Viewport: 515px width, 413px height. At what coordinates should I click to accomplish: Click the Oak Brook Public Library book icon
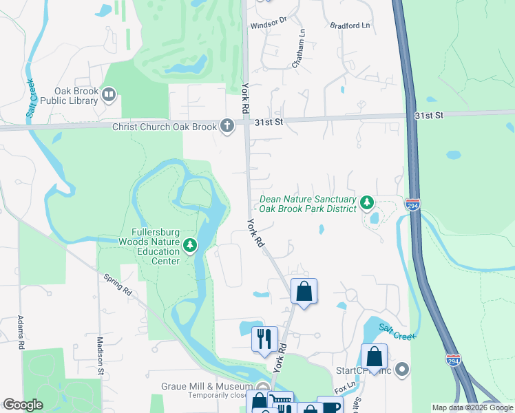point(108,94)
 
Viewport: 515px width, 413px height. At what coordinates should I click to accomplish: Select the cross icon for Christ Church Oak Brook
point(227,125)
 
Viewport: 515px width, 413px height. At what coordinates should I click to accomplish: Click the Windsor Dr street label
point(268,22)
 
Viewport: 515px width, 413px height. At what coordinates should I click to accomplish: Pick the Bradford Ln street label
point(350,25)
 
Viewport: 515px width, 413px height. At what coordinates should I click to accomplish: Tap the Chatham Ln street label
point(297,49)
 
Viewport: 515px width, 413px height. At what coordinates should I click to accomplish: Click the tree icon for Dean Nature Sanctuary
point(368,202)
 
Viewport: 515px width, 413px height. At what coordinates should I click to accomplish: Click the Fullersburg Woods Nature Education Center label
point(150,246)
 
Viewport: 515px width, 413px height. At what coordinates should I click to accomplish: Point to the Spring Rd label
point(117,286)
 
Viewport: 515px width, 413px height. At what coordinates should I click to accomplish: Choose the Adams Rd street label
point(20,332)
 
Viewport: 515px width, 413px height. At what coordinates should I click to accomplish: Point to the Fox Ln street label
point(346,388)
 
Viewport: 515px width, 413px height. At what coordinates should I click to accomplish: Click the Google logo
point(23,405)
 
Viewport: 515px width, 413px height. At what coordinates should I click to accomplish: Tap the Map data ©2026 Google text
point(472,407)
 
